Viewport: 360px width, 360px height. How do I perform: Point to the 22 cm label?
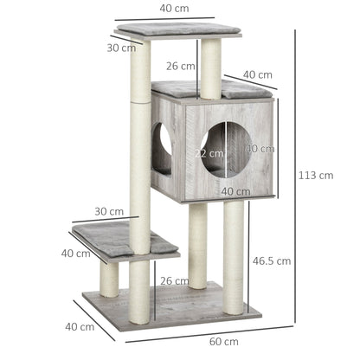(209, 153)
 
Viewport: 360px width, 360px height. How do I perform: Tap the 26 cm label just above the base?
(174, 280)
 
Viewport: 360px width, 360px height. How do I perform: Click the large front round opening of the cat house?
(228, 145)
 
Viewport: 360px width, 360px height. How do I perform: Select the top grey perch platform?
(177, 30)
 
